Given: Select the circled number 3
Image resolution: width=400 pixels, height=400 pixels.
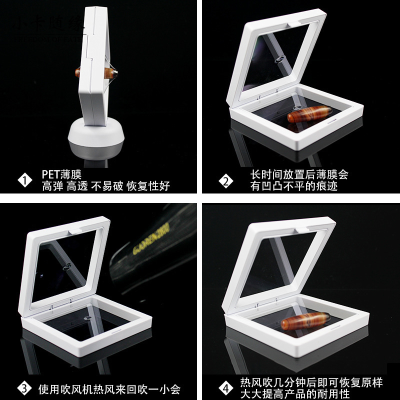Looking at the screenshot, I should pyautogui.click(x=24, y=388).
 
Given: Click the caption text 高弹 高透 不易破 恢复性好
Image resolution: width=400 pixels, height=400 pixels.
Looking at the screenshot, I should pyautogui.click(x=106, y=186).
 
